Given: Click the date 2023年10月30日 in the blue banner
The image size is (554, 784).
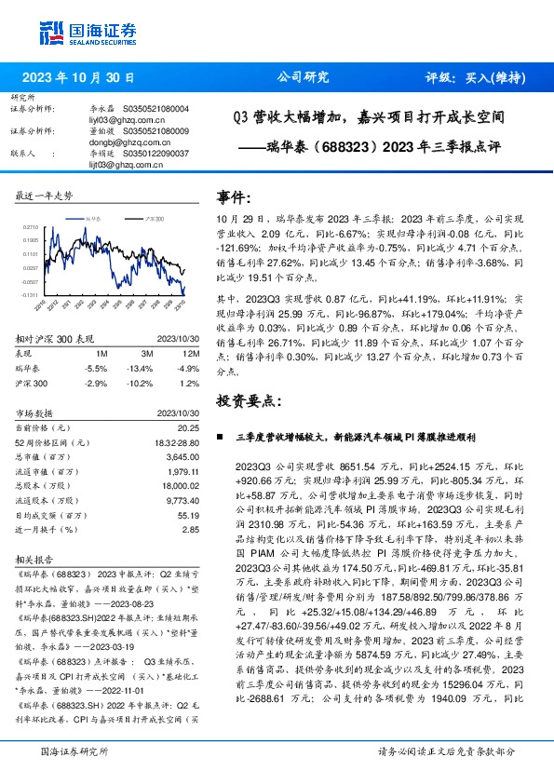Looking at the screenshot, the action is [77, 77].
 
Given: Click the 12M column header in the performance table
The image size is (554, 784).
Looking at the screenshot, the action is [193, 355].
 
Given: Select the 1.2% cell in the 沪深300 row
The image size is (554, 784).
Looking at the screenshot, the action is [191, 383].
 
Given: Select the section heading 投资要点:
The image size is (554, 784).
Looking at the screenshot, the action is [249, 400].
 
